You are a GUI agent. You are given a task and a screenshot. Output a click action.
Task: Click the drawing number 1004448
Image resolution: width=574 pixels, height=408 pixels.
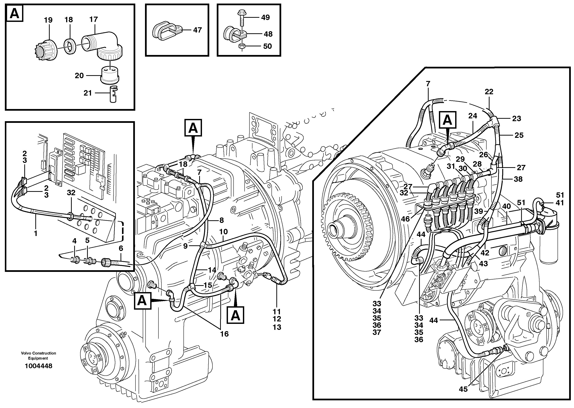[x=38, y=366]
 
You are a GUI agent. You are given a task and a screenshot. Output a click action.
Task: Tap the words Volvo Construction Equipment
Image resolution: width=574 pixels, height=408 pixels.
[x=38, y=356]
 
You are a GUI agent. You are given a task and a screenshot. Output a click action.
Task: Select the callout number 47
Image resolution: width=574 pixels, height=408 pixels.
[x=197, y=30]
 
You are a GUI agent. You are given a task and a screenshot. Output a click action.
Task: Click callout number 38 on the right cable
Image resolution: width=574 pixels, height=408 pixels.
[x=518, y=179]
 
